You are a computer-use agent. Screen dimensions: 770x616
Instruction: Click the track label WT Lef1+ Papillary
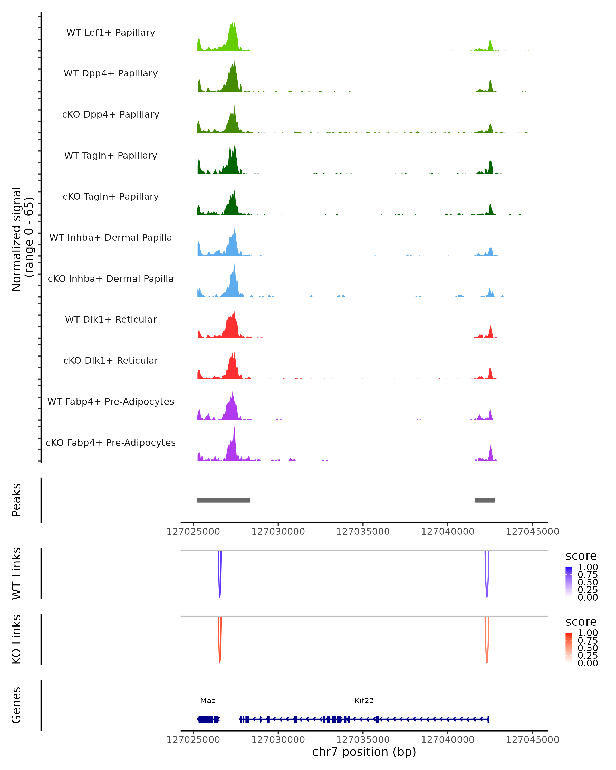tap(111, 33)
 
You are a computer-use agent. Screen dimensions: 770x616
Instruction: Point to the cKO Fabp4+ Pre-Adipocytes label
tap(111, 442)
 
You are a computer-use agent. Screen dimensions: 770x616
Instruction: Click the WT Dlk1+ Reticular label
tap(111, 319)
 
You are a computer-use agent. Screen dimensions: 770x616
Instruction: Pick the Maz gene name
tap(208, 701)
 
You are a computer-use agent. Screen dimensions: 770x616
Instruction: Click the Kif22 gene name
tap(364, 701)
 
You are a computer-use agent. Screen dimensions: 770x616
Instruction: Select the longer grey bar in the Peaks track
tap(224, 500)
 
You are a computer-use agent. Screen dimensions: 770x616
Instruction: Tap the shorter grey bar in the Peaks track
tap(485, 500)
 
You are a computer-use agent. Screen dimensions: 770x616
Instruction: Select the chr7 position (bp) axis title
tap(364, 752)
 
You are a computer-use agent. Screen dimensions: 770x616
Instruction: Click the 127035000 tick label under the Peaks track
tap(363, 532)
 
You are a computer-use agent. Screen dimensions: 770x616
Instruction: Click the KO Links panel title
tap(16, 639)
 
